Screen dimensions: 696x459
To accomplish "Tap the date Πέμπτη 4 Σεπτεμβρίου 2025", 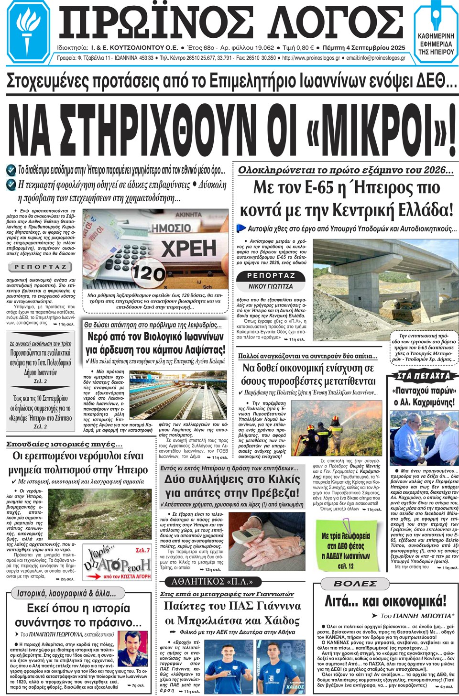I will tap(364, 48).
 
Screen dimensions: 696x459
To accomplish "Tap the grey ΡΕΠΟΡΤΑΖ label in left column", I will tap(40, 267).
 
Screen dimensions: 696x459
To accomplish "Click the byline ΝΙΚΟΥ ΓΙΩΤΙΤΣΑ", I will tap(270, 286).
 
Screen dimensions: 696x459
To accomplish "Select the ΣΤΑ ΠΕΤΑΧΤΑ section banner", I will tap(423, 376).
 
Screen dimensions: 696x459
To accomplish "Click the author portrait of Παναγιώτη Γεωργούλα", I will tap(132, 648).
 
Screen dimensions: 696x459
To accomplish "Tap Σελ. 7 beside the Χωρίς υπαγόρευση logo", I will tap(142, 551).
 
